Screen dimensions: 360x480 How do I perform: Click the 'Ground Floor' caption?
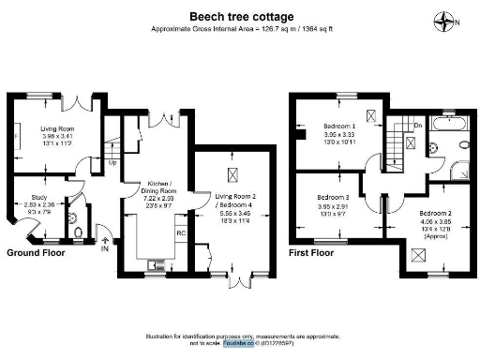click(x=37, y=253)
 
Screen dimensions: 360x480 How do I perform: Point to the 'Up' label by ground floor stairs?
click(x=113, y=162)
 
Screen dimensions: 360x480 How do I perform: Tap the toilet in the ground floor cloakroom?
click(x=79, y=232)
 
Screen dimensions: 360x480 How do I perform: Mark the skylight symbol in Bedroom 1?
click(x=371, y=115)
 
